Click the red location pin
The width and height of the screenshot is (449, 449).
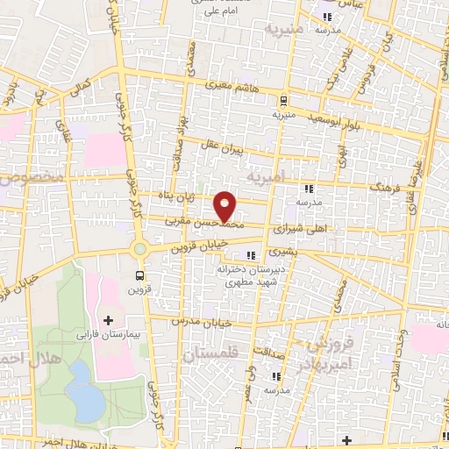tap(225, 206)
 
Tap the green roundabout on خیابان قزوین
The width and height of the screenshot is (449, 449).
tap(139, 249)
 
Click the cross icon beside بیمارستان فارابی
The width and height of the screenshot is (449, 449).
tap(108, 321)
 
